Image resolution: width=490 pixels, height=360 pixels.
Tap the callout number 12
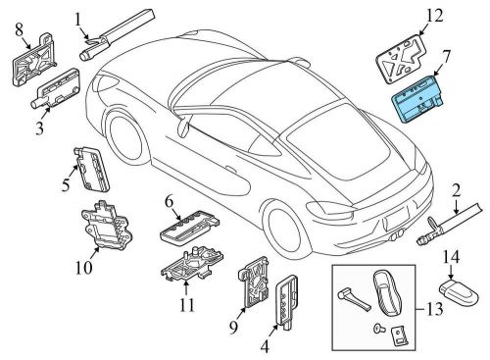434,16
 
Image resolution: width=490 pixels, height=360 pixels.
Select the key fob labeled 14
459,291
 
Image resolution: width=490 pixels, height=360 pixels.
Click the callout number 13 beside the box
434,309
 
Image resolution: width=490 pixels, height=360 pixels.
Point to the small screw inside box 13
377,327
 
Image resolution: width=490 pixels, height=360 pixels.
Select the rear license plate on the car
396,222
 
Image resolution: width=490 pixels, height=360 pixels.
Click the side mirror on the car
183,128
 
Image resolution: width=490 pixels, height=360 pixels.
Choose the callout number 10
83,268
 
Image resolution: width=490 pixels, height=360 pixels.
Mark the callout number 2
456,191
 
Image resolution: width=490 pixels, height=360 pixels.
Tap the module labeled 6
188,228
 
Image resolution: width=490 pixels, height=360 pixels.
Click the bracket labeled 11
192,264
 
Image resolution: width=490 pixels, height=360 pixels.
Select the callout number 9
233,328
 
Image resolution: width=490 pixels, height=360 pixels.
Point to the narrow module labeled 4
287,301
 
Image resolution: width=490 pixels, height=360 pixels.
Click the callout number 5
66,185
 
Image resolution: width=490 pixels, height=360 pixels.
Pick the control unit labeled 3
56,88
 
